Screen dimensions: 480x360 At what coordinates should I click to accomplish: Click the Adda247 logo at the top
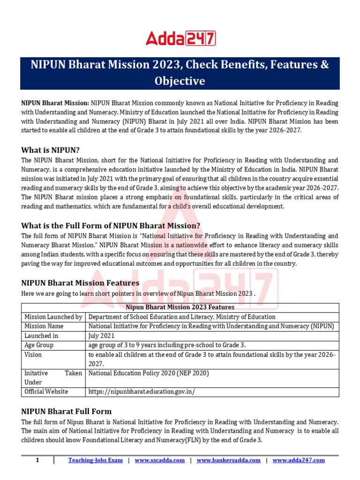pos(180,38)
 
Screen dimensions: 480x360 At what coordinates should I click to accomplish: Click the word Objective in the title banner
pos(180,81)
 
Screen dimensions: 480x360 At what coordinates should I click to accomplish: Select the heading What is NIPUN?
pos(51,150)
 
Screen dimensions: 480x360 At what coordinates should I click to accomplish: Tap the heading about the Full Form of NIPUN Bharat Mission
pos(111,225)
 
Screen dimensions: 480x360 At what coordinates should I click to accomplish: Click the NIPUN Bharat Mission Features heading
pos(80,283)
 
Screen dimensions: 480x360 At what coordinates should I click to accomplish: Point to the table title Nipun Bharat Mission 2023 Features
pos(180,307)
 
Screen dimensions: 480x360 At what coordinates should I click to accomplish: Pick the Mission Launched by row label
pos(53,317)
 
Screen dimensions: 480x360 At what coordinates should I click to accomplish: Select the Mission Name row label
pos(44,326)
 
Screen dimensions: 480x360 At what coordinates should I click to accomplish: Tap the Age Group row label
pos(39,345)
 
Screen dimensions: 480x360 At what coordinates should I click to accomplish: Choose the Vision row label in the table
pos(33,354)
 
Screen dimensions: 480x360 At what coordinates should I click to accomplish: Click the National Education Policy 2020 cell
pos(148,373)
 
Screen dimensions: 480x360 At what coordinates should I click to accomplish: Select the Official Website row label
pos(46,391)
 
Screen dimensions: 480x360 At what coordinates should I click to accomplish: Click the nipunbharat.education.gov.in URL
pos(142,391)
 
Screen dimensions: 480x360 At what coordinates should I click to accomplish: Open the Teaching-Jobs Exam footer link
pos(95,460)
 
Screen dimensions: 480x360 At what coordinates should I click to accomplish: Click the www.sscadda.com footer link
pos(159,460)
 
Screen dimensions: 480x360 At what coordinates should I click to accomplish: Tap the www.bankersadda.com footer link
pos(228,460)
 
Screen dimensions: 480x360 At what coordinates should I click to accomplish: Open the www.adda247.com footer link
pos(298,460)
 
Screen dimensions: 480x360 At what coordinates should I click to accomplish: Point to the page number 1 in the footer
pos(37,460)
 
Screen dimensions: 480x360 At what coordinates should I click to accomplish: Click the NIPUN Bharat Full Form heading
pos(67,412)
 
